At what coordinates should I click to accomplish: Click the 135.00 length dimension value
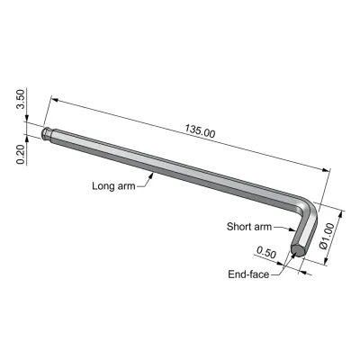[x=200, y=130]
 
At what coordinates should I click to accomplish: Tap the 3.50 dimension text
[x=22, y=99]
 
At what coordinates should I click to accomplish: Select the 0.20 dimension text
[x=21, y=155]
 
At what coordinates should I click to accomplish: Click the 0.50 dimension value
[x=266, y=253]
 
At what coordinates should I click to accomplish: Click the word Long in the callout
[x=103, y=186]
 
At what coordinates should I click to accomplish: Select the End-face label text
[x=248, y=274]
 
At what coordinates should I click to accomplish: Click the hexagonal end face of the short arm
[x=298, y=250]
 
